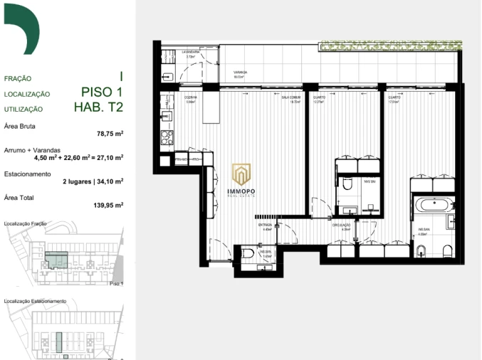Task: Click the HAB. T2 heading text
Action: pyautogui.click(x=98, y=108)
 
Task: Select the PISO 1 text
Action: pyautogui.click(x=102, y=92)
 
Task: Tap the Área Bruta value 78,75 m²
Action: pyautogui.click(x=110, y=133)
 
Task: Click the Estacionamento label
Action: pyautogui.click(x=28, y=174)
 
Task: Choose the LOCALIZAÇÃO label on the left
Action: pyautogui.click(x=27, y=94)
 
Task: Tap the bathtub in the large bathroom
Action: pyautogui.click(x=432, y=206)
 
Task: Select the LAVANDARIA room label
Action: pyautogui.click(x=190, y=51)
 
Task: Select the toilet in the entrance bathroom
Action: pyautogui.click(x=246, y=253)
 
